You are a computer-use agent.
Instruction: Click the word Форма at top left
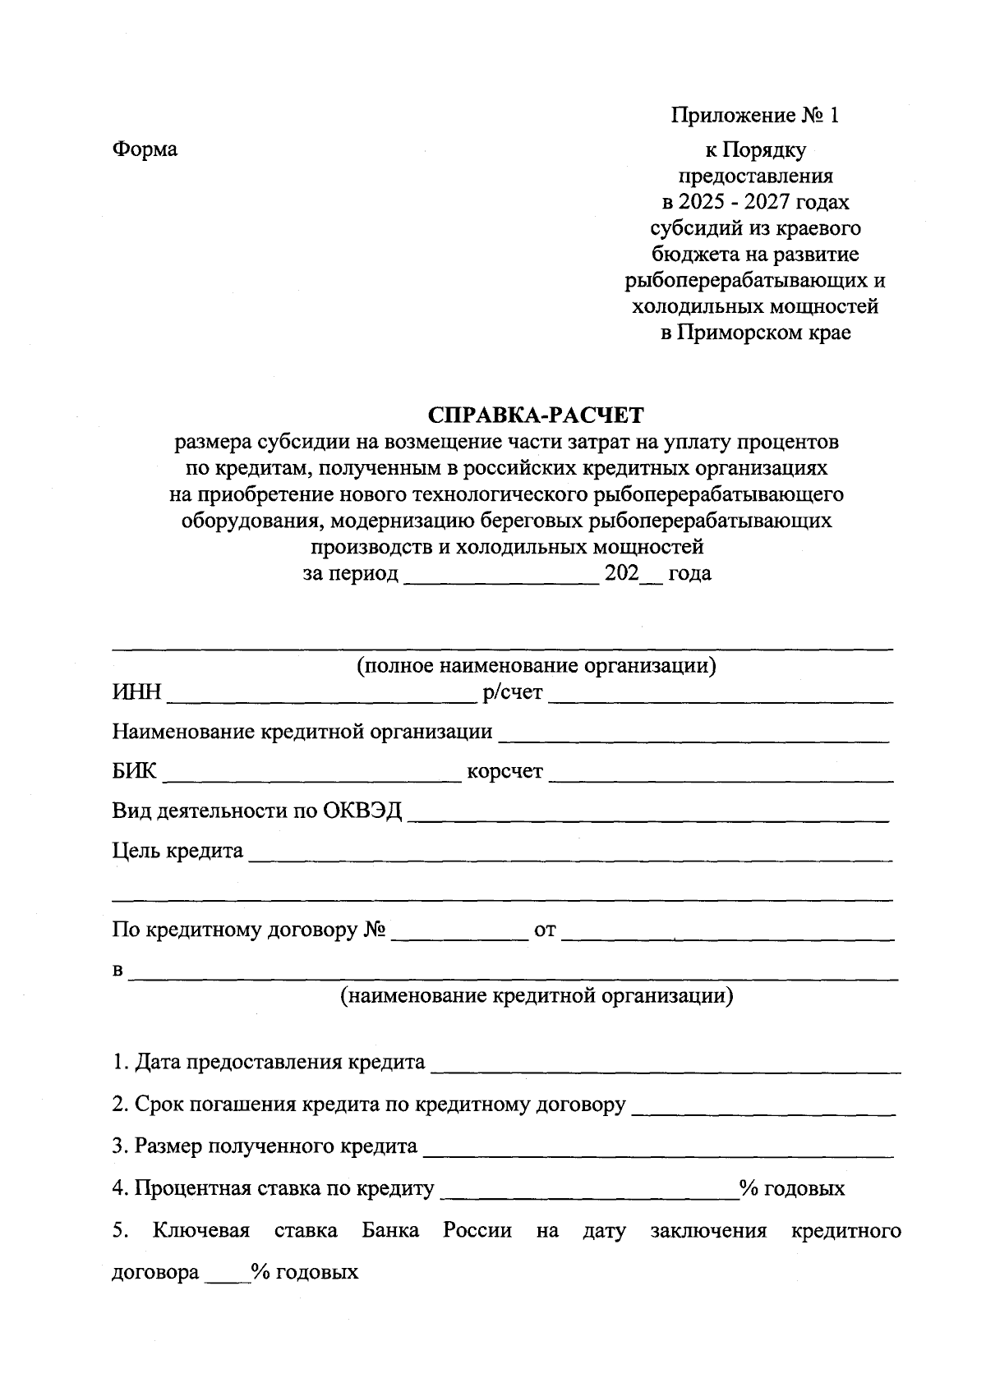click(x=145, y=149)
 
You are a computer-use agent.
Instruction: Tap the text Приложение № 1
click(x=755, y=115)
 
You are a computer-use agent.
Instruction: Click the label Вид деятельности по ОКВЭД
click(x=257, y=811)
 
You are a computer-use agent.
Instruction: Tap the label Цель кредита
click(x=177, y=851)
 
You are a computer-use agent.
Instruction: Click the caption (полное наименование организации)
click(x=536, y=665)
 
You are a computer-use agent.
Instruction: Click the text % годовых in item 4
click(x=792, y=1188)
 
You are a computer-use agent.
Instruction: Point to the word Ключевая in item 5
click(x=200, y=1231)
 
